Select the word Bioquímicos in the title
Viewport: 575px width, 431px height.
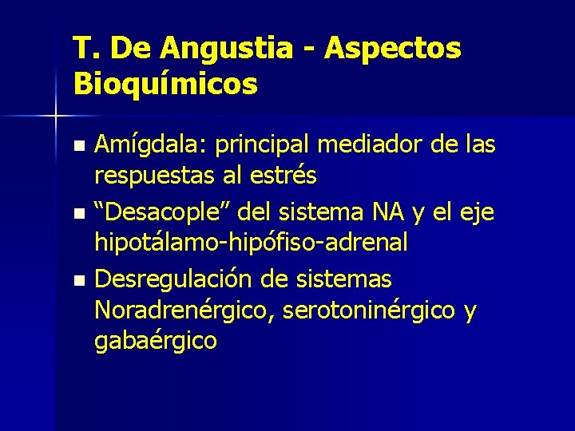(x=165, y=83)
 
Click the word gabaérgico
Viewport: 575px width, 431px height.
(x=155, y=341)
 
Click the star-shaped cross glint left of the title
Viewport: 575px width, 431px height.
(x=55, y=117)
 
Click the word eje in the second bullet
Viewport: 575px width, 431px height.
(x=476, y=213)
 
